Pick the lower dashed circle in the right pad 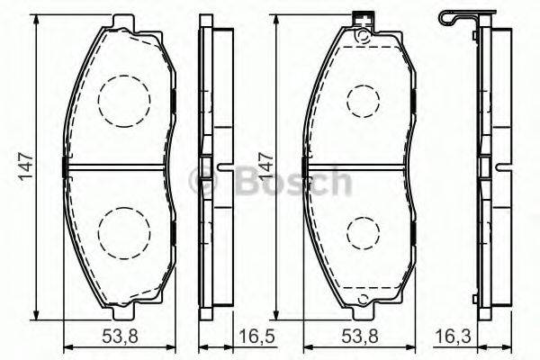pyautogui.click(x=363, y=233)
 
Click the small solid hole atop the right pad pyautogui.click(x=362, y=37)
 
